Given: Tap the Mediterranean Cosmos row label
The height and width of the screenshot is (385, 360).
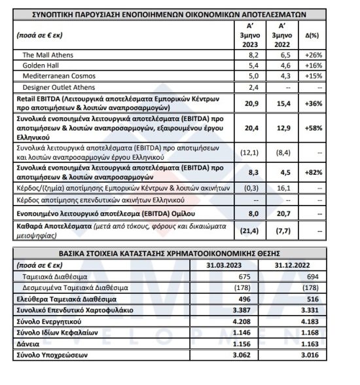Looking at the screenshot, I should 56,77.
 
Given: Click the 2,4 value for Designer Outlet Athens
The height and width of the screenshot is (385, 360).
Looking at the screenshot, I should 255,87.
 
